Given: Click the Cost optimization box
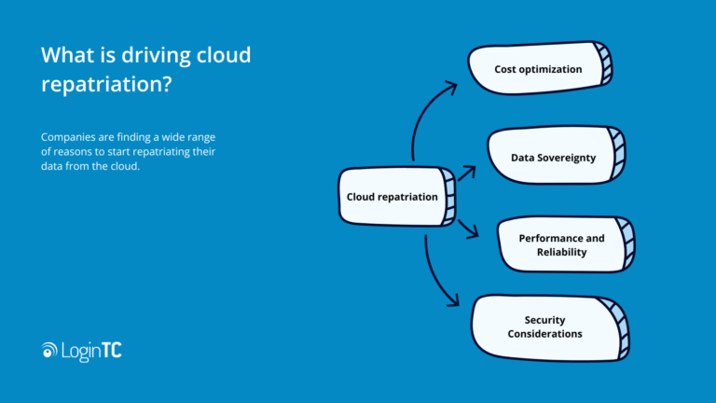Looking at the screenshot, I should coord(538,69).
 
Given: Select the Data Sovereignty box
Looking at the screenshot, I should coord(553,158).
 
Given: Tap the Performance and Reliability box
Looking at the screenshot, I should coord(561,244).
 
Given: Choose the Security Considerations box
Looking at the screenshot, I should coord(546,327).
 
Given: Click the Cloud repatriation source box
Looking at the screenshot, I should coord(392,197).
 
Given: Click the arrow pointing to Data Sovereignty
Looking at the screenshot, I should coord(466,172).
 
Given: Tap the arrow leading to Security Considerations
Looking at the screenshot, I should coord(435,277).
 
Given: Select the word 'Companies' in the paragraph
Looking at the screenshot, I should coord(71,137).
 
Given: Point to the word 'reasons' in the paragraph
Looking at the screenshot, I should coord(76,152).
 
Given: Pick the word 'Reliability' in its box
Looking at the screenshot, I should coord(561,252).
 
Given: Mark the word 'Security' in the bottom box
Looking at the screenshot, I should coord(545,320).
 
